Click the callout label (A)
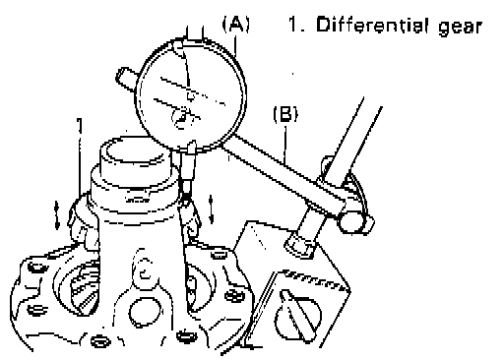tap(236, 25)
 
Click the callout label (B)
tap(285, 114)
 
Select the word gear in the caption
tap(461, 27)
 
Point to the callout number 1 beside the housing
tap(80, 126)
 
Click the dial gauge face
tap(190, 95)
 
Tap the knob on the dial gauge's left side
tap(126, 79)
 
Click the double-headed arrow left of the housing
tap(57, 215)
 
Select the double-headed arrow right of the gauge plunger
tap(212, 210)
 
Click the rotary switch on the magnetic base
tap(298, 315)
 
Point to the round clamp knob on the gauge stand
tap(352, 222)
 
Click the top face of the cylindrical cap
tap(135, 151)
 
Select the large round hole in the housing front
tap(146, 311)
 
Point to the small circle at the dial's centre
tap(190, 96)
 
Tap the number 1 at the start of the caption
tap(293, 25)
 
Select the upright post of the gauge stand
tap(353, 145)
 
